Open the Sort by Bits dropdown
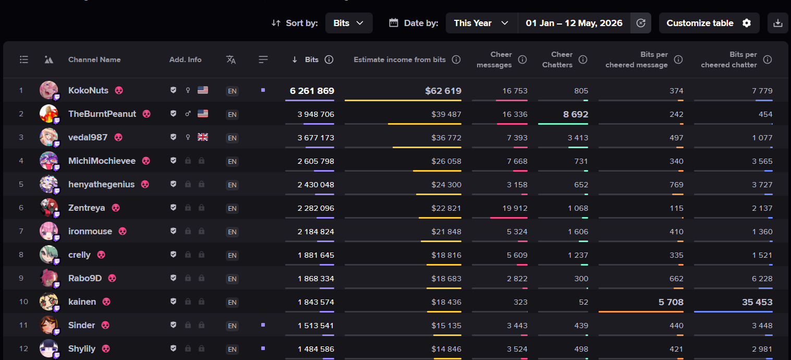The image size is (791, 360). click(348, 23)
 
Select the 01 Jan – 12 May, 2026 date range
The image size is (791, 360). click(574, 23)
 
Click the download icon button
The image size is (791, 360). click(777, 23)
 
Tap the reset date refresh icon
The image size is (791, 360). click(640, 23)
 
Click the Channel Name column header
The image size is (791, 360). click(94, 59)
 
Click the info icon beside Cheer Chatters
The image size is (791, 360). click(583, 59)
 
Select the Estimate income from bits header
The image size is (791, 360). click(400, 59)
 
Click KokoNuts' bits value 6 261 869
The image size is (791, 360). click(312, 91)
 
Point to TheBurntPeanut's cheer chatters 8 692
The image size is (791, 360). click(576, 114)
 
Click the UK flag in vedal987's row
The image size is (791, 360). click(203, 137)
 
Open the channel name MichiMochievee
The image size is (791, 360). click(102, 161)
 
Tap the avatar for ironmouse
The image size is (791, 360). click(48, 231)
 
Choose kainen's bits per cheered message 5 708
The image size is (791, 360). click(671, 302)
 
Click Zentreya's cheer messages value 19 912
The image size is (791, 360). click(515, 208)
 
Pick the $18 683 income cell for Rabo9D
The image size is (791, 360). click(446, 279)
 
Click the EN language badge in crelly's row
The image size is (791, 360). click(232, 255)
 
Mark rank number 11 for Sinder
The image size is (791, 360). click(23, 325)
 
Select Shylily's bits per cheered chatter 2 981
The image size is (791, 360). click(762, 349)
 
